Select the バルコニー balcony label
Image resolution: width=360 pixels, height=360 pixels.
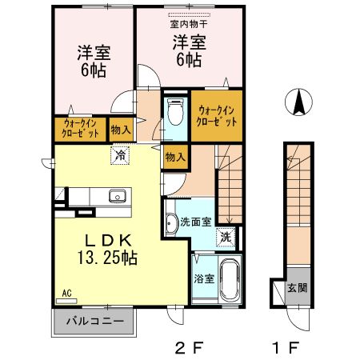tap(94, 322)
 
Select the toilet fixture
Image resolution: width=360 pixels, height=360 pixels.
tap(175, 113)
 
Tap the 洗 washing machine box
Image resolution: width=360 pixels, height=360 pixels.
tap(226, 237)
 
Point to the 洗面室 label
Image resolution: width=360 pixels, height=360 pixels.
tap(196, 222)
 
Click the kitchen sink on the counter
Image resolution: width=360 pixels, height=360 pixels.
tap(117, 195)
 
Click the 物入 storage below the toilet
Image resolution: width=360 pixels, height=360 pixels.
tap(174, 157)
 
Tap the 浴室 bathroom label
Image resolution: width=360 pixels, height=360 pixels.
tap(202, 278)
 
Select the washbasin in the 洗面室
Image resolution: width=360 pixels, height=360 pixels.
tap(174, 222)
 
